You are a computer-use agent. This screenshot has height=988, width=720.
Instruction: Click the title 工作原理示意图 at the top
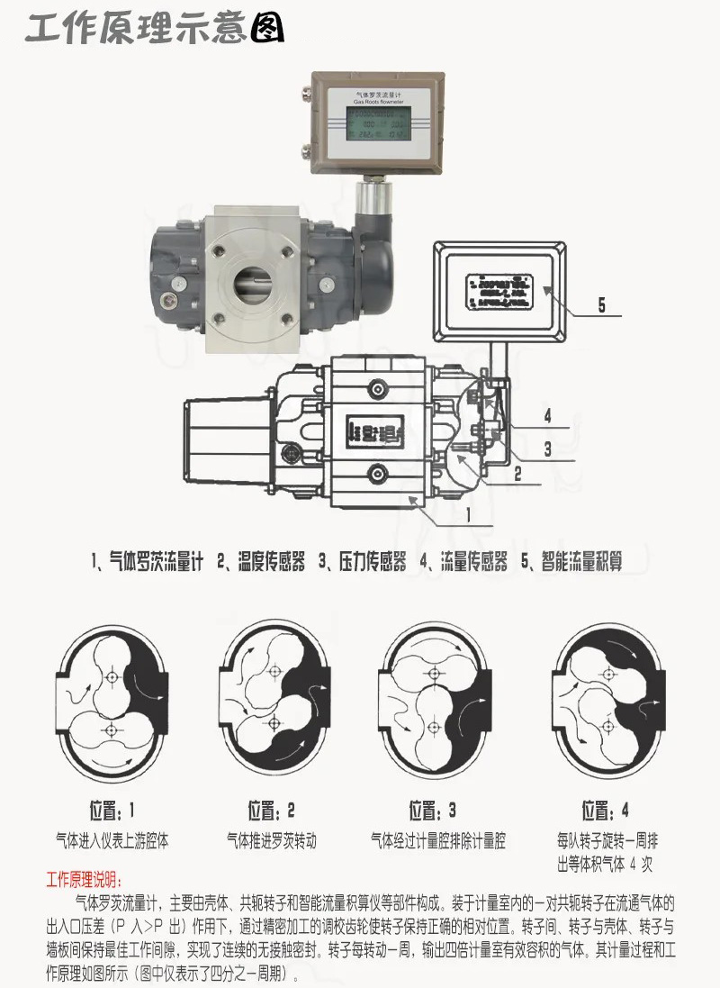(x=154, y=29)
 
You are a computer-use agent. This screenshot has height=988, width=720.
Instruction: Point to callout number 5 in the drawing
(x=601, y=305)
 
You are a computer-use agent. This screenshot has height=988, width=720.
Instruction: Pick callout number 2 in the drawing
(x=517, y=471)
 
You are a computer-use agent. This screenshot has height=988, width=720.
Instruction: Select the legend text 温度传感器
(x=261, y=562)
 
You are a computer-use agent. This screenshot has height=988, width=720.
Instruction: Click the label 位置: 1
(x=112, y=809)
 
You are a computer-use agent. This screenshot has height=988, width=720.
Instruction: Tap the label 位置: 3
(x=433, y=809)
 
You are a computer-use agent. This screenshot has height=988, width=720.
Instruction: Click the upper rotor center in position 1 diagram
(x=111, y=676)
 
